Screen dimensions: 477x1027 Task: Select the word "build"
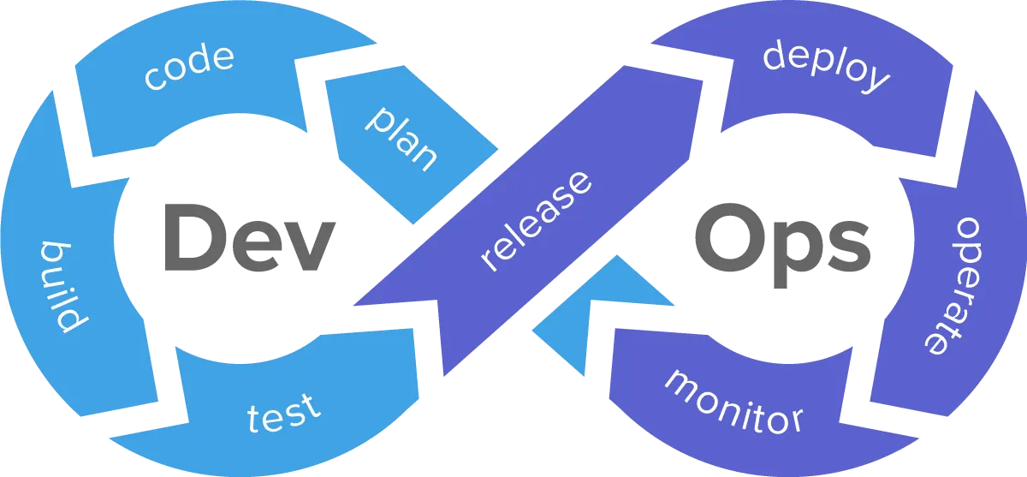pos(62,286)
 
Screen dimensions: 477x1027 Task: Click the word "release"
pos(536,221)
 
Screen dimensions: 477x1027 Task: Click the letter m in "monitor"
pos(680,382)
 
